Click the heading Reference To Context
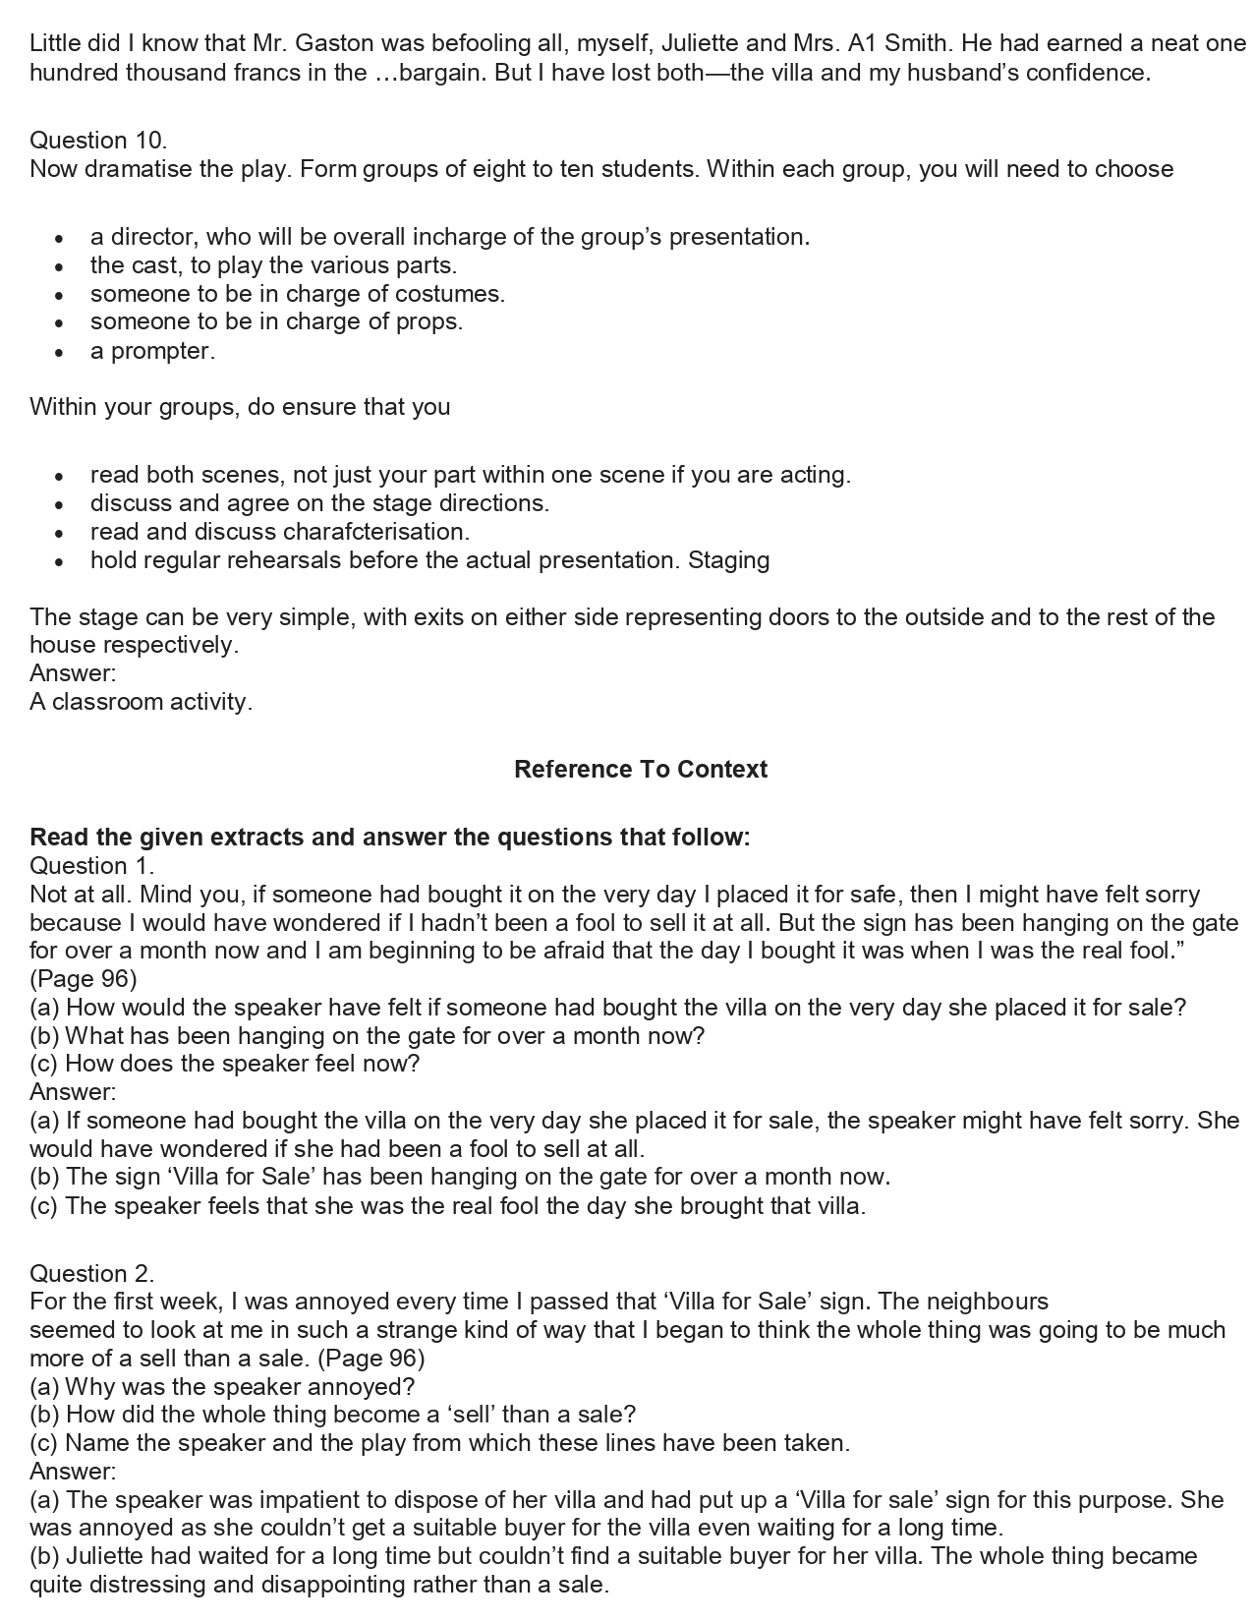click(640, 769)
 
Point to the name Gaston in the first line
click(333, 43)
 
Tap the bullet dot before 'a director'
click(60, 238)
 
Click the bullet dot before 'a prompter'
click(60, 352)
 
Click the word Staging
click(728, 560)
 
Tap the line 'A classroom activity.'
click(141, 702)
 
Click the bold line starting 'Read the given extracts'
click(389, 837)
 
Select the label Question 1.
click(91, 865)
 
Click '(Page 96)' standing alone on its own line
click(83, 978)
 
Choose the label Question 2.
click(91, 1273)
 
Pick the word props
click(431, 321)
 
